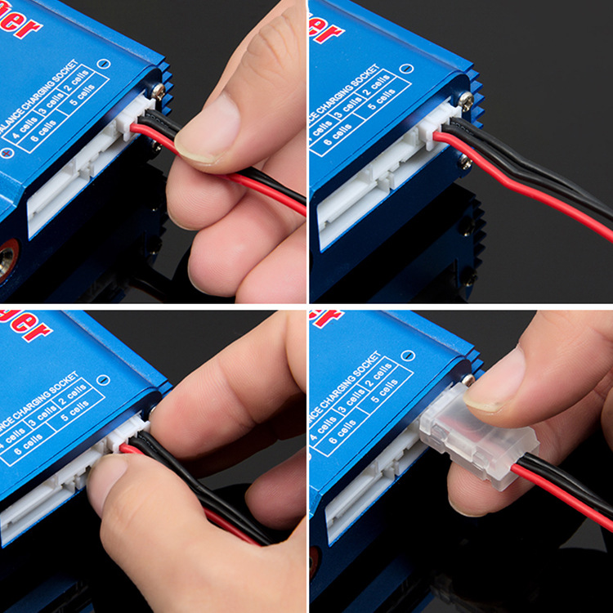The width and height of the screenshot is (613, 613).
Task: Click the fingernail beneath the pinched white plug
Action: pyautogui.click(x=106, y=474)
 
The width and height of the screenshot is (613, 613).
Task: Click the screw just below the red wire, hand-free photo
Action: pyautogui.click(x=465, y=161)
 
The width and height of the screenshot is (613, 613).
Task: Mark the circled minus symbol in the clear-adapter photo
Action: pyautogui.click(x=407, y=356)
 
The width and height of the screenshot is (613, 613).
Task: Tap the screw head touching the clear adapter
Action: pyautogui.click(x=469, y=380)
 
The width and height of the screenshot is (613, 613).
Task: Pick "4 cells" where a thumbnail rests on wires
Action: pyautogui.click(x=20, y=135)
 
